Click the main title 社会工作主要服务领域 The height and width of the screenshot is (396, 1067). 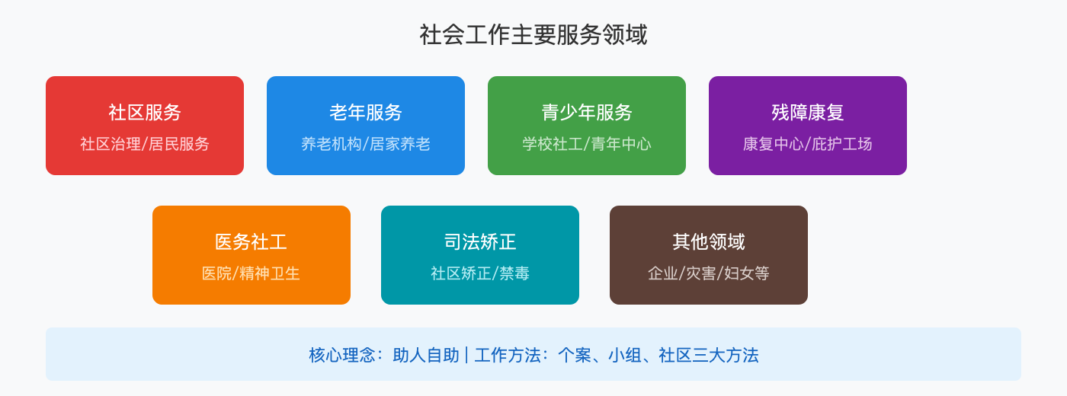[533, 35]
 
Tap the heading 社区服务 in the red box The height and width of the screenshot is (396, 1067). [145, 113]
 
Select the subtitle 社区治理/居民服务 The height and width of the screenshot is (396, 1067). [145, 144]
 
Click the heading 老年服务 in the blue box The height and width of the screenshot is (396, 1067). [366, 113]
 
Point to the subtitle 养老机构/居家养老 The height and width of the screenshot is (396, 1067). [366, 144]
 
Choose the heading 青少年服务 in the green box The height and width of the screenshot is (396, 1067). [587, 113]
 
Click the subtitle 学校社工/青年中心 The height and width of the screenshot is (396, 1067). [587, 144]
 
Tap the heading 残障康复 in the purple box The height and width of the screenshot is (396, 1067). [808, 113]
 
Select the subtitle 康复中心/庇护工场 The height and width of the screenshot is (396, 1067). [808, 144]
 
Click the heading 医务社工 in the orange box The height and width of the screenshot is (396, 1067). [252, 242]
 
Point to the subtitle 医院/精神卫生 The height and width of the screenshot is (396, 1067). [252, 273]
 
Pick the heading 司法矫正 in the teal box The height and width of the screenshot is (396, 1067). [480, 242]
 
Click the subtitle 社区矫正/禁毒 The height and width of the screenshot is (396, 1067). [480, 273]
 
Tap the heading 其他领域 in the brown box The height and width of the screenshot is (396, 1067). [709, 242]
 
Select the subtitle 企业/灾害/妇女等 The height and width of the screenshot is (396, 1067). [709, 273]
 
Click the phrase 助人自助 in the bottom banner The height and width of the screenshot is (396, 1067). [426, 356]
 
